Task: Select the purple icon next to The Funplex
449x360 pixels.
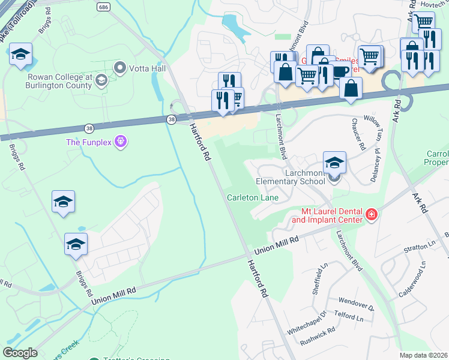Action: pyautogui.click(x=121, y=142)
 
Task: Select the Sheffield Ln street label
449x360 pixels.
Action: pyautogui.click(x=318, y=275)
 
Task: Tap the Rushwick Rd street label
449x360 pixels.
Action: pyautogui.click(x=319, y=340)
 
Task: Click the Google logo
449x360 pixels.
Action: pyautogui.click(x=20, y=353)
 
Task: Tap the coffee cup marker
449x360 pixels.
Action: pyautogui.click(x=340, y=71)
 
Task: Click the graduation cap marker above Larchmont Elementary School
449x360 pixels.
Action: pyautogui.click(x=334, y=163)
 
